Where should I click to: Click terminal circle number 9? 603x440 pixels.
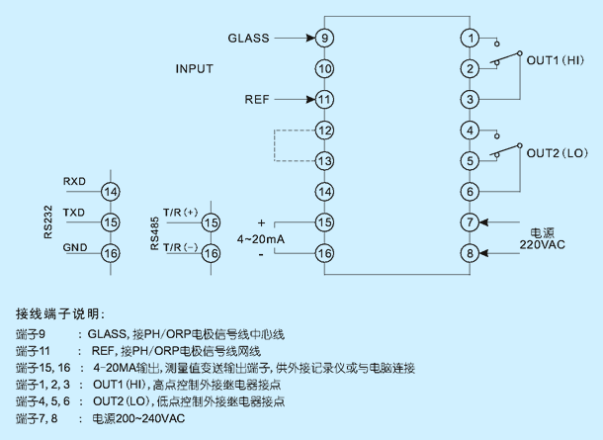[324, 39]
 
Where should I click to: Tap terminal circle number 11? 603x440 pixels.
[324, 100]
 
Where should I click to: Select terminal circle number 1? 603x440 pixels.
[470, 39]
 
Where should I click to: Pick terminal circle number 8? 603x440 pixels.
[470, 253]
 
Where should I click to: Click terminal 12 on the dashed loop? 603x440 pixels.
[324, 131]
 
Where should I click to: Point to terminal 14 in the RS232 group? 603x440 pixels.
[111, 192]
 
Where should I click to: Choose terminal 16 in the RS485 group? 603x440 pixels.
[212, 253]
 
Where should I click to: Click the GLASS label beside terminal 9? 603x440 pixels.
[248, 39]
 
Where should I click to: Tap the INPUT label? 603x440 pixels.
[194, 69]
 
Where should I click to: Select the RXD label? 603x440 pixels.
[74, 181]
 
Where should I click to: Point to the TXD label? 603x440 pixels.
[74, 213]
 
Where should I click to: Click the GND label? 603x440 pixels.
[75, 247]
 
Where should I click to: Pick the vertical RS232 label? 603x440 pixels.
[48, 222]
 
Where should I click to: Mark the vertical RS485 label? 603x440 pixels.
[154, 233]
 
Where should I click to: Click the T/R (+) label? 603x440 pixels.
[180, 213]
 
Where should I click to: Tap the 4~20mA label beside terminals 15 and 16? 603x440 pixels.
[261, 239]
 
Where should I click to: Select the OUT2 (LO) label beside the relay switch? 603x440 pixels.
[558, 153]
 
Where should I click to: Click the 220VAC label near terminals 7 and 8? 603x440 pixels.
[543, 244]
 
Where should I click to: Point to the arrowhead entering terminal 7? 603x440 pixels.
[483, 222]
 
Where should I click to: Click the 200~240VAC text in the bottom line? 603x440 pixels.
[150, 418]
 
